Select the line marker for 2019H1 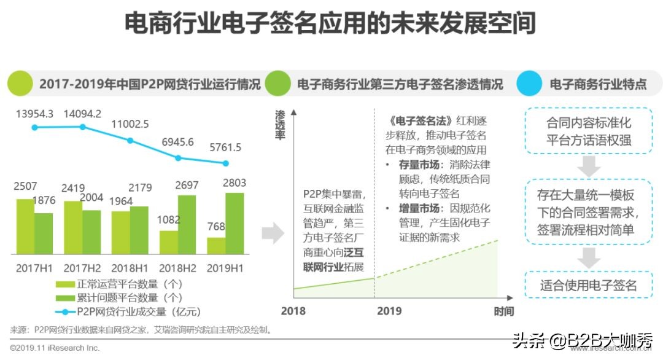(225, 163)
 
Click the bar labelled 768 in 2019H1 (216, 246)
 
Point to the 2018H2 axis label (177, 268)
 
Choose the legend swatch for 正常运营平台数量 (65, 284)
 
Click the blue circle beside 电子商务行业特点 (530, 84)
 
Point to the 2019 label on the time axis (389, 311)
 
